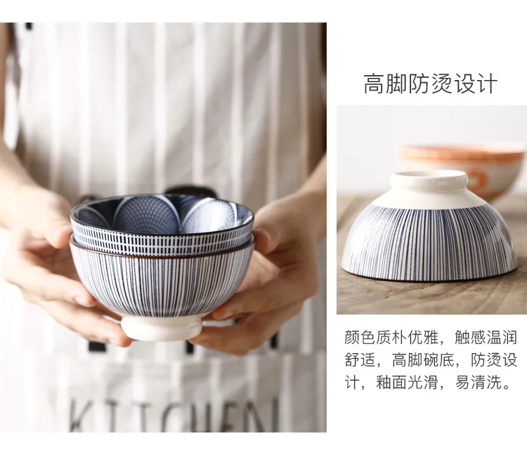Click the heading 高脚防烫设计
[x=430, y=84]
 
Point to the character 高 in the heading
[x=375, y=84]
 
